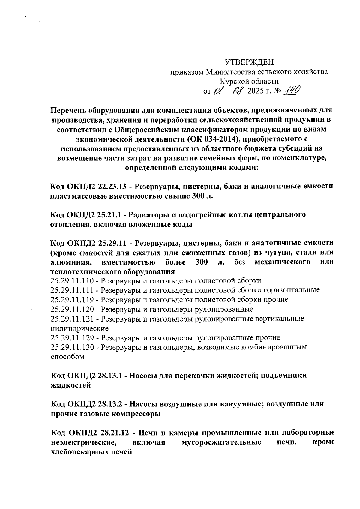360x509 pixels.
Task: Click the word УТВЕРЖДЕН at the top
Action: tap(249, 62)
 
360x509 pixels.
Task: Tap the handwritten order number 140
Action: tap(289, 90)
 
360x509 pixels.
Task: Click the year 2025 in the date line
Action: tap(256, 91)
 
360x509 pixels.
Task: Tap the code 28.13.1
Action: tap(110, 376)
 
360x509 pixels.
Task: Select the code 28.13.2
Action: tap(110, 404)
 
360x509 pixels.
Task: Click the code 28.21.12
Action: tap(113, 433)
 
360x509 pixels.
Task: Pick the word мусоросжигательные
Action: tap(221, 442)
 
